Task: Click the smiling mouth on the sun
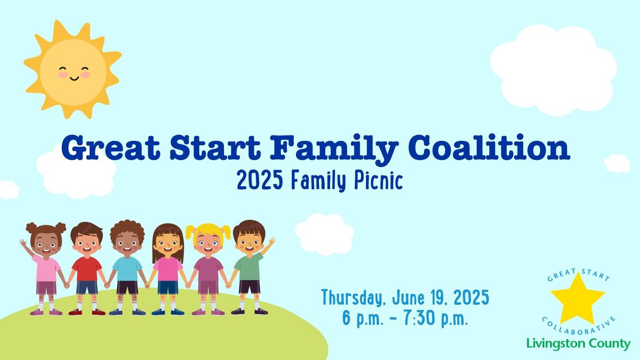pos(74,78)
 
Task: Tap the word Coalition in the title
pos(489,148)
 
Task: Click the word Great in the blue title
pos(110,148)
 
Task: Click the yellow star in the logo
pos(578,299)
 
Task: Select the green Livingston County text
pos(578,343)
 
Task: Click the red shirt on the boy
pos(87,269)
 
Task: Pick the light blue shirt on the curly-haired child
pos(127,269)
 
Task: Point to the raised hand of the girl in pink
pos(23,243)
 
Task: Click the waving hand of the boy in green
pos(271,242)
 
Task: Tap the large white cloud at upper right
pos(554,70)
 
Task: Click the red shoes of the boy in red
pos(87,312)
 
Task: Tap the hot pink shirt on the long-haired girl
pos(167,269)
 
